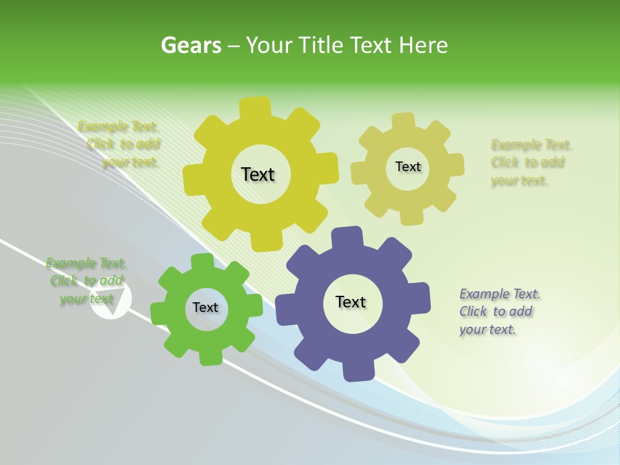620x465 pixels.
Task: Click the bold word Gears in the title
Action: click(191, 45)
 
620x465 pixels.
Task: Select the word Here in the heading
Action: click(423, 45)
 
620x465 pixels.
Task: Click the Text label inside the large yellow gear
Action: click(258, 174)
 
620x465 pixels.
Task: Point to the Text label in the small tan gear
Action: click(408, 167)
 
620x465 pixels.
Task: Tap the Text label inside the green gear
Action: click(205, 307)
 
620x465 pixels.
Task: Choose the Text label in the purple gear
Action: click(351, 302)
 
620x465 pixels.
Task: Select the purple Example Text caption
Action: click(499, 312)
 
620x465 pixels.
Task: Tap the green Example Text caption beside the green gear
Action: click(87, 281)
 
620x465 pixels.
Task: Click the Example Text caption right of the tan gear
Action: click(531, 163)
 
